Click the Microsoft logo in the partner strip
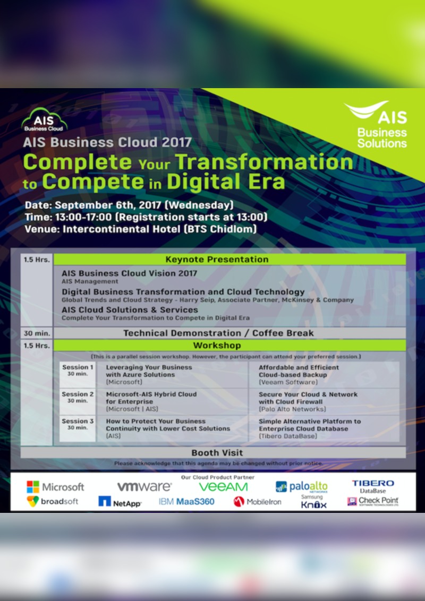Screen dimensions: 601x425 pyautogui.click(x=55, y=486)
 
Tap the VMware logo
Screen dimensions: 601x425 pyautogui.click(x=144, y=486)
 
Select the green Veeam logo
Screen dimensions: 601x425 pyautogui.click(x=223, y=486)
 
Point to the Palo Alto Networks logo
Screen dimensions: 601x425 pyautogui.click(x=301, y=487)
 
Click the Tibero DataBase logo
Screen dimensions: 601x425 pyautogui.click(x=372, y=486)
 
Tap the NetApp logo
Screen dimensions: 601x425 pyautogui.click(x=120, y=502)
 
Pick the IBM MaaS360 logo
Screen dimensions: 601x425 pyautogui.click(x=186, y=501)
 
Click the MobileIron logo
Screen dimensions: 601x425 pyautogui.click(x=257, y=501)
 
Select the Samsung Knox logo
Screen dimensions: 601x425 pyautogui.click(x=313, y=502)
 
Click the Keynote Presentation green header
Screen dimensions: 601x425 pyautogui.click(x=216, y=259)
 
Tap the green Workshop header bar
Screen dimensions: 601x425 pyautogui.click(x=216, y=346)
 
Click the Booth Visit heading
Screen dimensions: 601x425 pyautogui.click(x=217, y=453)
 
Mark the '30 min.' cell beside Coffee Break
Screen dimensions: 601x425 pyautogui.click(x=37, y=333)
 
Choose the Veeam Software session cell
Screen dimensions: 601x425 pyautogui.click(x=323, y=374)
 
